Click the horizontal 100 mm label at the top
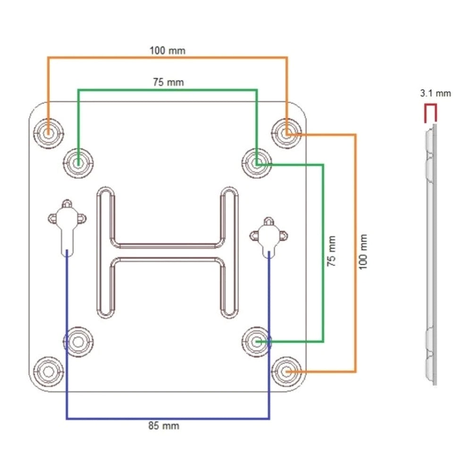point(168,51)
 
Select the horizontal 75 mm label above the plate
point(169,82)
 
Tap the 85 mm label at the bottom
point(164,426)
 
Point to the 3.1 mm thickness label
point(436,93)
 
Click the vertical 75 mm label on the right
point(331,251)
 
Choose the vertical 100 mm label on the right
point(363,252)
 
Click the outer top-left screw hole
point(48,133)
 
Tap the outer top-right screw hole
point(287,133)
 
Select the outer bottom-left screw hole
point(48,372)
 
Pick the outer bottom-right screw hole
point(287,372)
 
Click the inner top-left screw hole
point(78,163)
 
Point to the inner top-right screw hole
point(257,163)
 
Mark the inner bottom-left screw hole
point(78,342)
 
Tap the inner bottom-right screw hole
point(257,342)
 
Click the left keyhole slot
point(67,226)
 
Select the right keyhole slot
point(269,236)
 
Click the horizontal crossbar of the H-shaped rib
point(168,252)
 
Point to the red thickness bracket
point(430,113)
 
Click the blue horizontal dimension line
point(168,418)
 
